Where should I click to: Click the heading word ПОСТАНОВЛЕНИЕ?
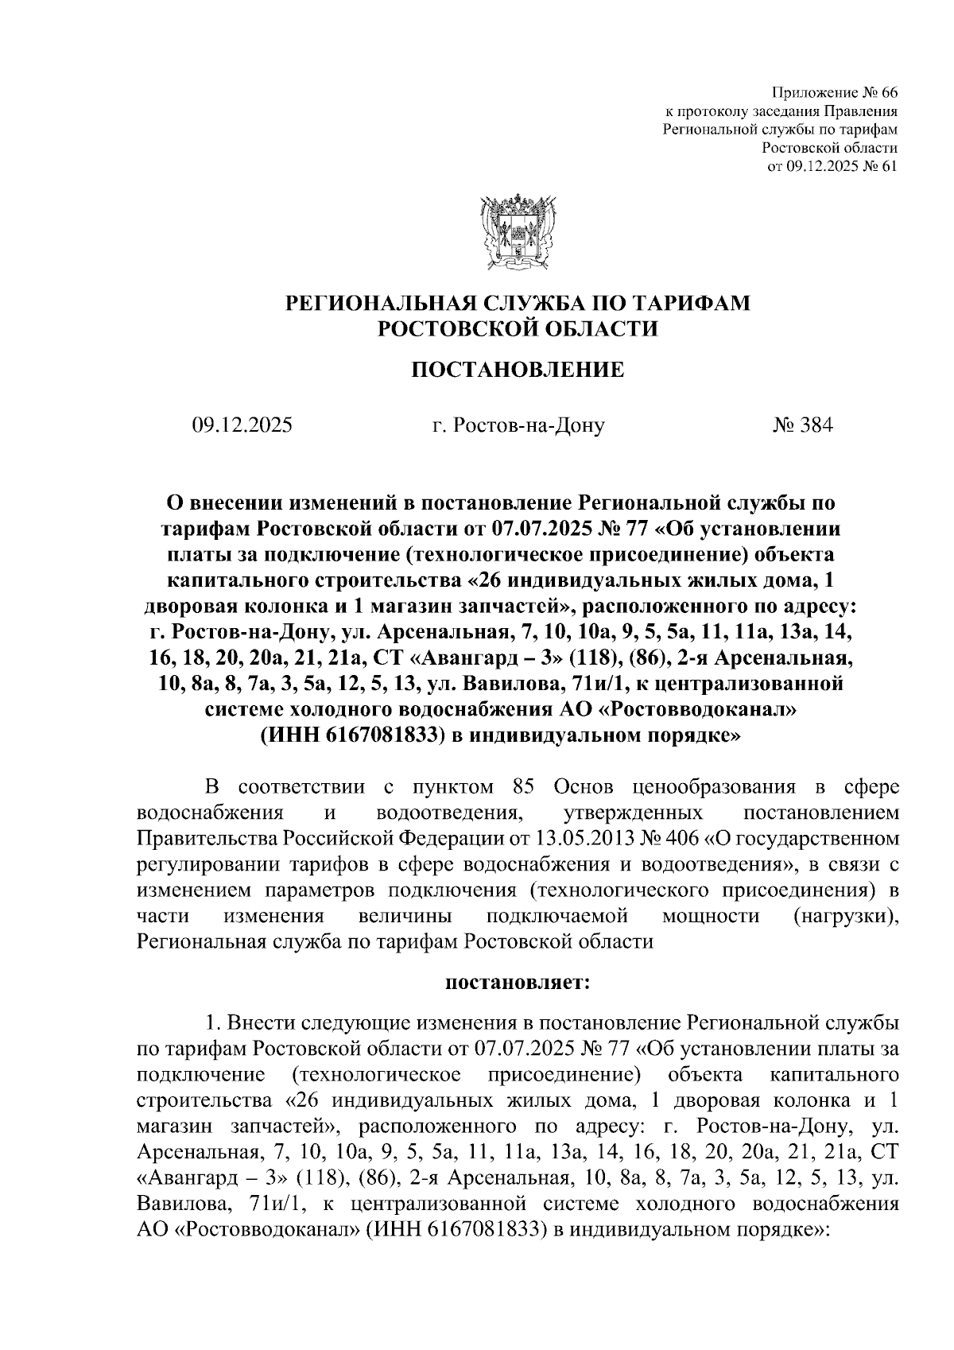(517, 370)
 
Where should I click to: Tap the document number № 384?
(803, 425)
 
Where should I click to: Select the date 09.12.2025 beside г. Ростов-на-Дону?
(242, 425)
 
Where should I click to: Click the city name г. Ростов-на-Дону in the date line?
(518, 425)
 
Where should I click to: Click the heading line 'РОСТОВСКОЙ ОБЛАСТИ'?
(517, 328)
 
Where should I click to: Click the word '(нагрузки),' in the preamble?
(846, 916)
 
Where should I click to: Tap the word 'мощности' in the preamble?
(711, 916)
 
